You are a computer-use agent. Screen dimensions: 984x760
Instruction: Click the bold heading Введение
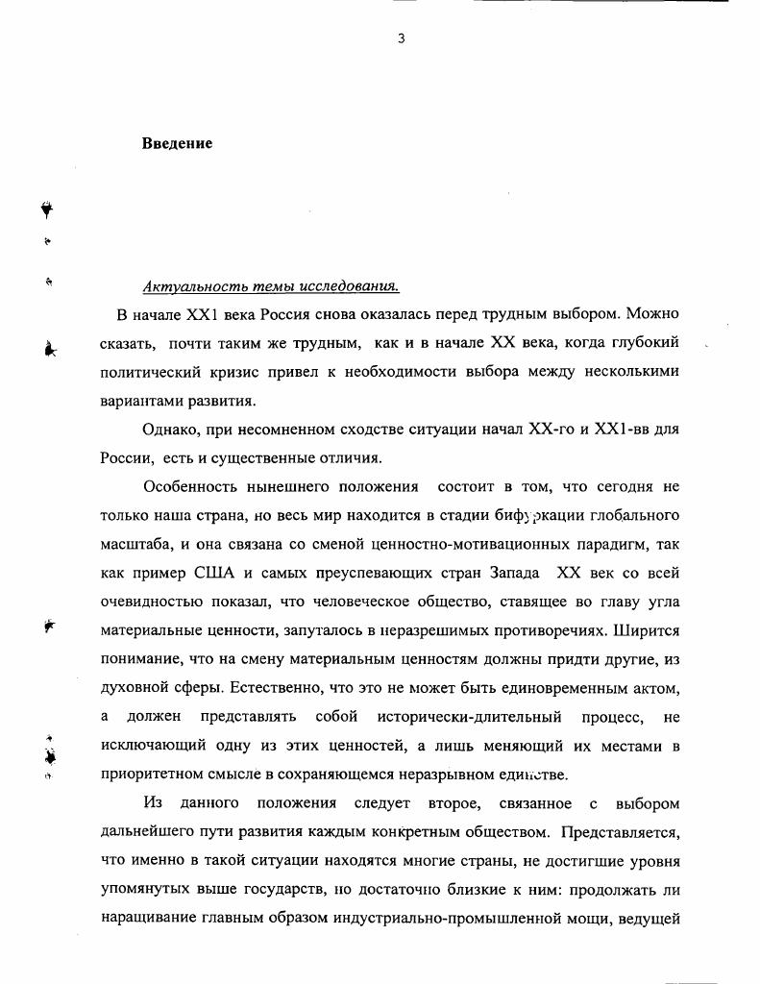pyautogui.click(x=177, y=144)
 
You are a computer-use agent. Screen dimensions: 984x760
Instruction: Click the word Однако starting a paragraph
pyautogui.click(x=173, y=430)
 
